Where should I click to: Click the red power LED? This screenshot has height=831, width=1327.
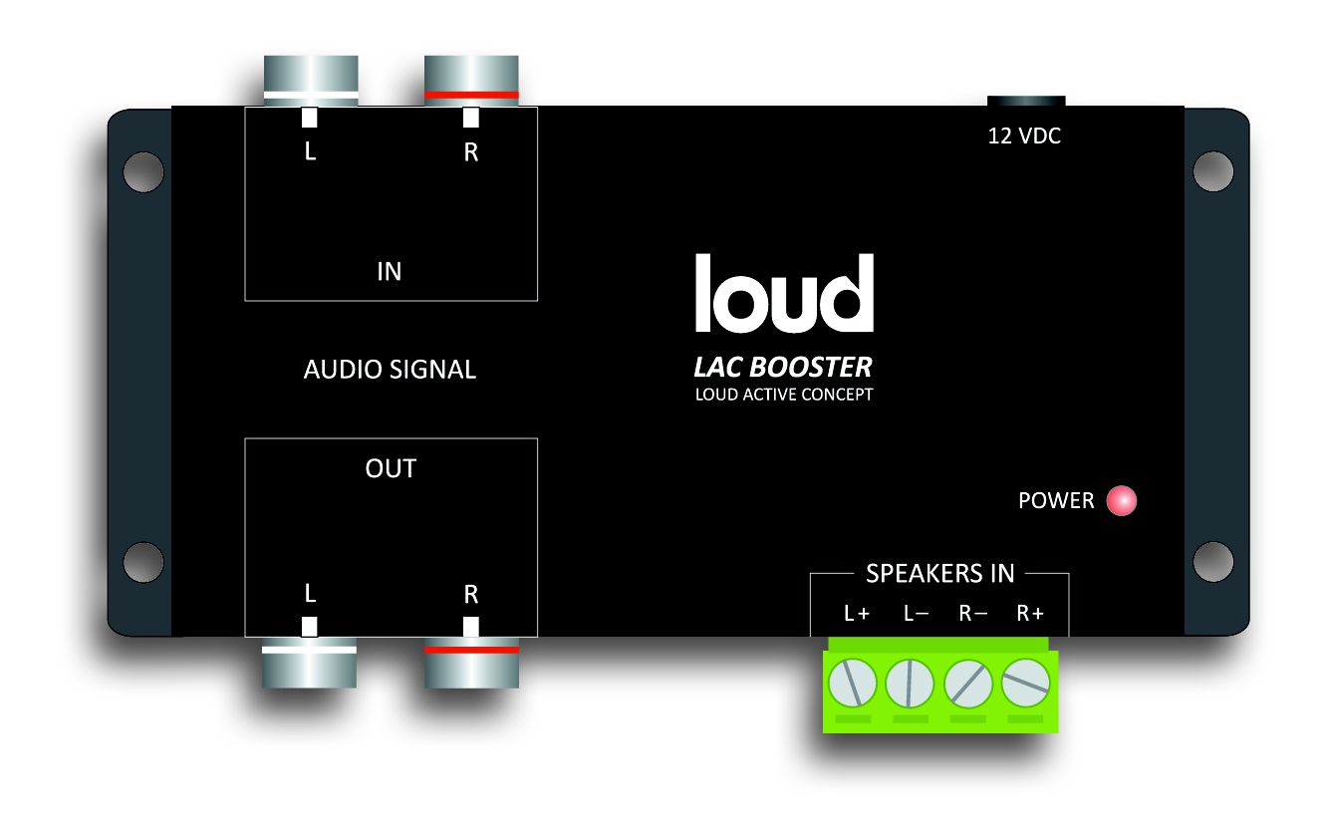(1121, 500)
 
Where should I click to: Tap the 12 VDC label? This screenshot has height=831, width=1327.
(1024, 136)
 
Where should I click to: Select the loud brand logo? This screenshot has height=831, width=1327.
(784, 293)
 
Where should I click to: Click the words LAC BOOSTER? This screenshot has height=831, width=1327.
(783, 367)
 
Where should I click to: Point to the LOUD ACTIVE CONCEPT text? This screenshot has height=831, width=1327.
(784, 395)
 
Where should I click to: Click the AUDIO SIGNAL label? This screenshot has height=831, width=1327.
(390, 369)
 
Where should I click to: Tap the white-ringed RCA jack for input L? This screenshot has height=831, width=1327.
(311, 81)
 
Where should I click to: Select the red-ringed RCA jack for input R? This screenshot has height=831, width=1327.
(471, 81)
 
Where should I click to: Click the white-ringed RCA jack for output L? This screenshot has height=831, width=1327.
(309, 663)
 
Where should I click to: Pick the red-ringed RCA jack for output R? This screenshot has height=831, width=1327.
(471, 663)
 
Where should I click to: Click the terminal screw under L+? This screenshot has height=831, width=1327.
(852, 683)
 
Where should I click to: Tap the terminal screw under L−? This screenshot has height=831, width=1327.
(910, 683)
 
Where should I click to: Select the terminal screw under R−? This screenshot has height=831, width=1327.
(967, 683)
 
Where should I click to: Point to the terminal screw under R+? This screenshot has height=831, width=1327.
(1025, 683)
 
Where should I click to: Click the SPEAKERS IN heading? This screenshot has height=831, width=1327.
(939, 573)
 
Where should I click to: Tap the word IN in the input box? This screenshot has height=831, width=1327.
(390, 271)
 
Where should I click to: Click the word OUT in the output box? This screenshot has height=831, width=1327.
(391, 468)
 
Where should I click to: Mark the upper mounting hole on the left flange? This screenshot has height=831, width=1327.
(143, 171)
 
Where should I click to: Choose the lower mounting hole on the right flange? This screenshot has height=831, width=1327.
(1213, 562)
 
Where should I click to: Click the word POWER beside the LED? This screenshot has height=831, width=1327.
(1056, 500)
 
